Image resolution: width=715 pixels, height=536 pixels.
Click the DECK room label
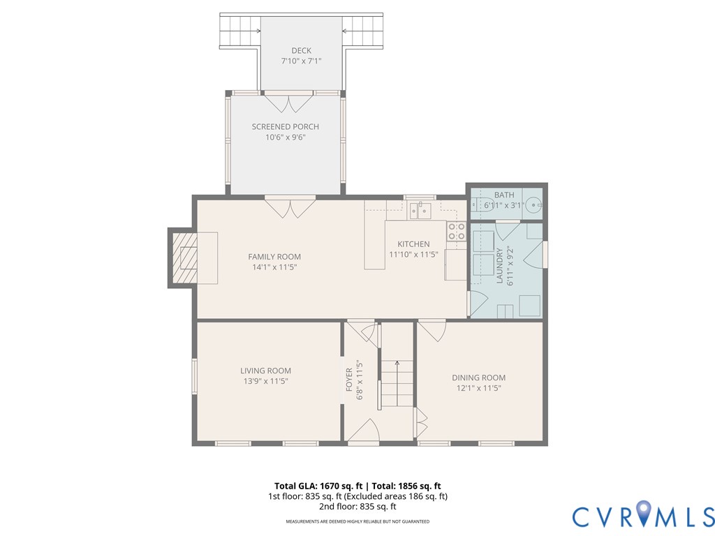click(301, 50)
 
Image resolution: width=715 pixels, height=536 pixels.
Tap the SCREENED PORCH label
click(285, 126)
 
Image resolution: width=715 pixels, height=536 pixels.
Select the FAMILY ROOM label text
click(274, 257)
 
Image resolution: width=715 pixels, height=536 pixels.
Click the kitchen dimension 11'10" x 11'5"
click(413, 255)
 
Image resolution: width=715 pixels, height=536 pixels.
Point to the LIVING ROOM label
click(265, 371)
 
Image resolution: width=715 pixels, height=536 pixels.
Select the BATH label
click(503, 195)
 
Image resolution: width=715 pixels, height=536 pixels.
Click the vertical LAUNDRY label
click(499, 265)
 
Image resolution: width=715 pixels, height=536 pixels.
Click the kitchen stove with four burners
click(457, 232)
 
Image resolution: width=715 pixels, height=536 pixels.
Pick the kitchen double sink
click(420, 209)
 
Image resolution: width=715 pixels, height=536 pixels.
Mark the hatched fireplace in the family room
click(184, 258)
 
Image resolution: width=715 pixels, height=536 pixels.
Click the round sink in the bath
click(533, 205)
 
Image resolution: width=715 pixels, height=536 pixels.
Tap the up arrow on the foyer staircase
click(397, 362)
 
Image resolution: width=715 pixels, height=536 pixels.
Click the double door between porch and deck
click(288, 102)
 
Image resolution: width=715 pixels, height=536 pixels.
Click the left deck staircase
click(240, 30)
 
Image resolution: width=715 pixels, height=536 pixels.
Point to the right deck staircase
click(362, 30)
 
